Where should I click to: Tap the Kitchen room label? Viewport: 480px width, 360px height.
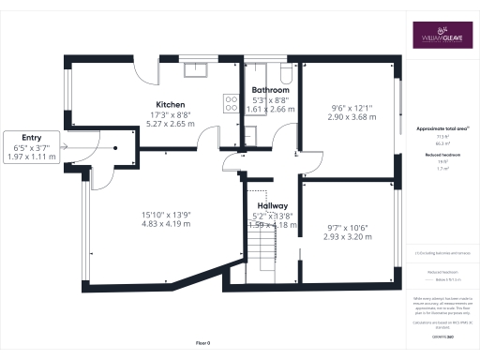[171, 104]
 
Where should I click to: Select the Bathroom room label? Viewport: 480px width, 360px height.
[272, 90]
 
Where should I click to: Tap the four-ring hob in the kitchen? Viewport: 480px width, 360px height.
[231, 103]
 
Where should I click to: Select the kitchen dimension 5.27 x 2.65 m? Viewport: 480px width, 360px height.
[171, 122]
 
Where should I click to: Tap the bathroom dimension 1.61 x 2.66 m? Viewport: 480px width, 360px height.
[272, 109]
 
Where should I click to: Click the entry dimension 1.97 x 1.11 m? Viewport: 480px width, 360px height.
[32, 157]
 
